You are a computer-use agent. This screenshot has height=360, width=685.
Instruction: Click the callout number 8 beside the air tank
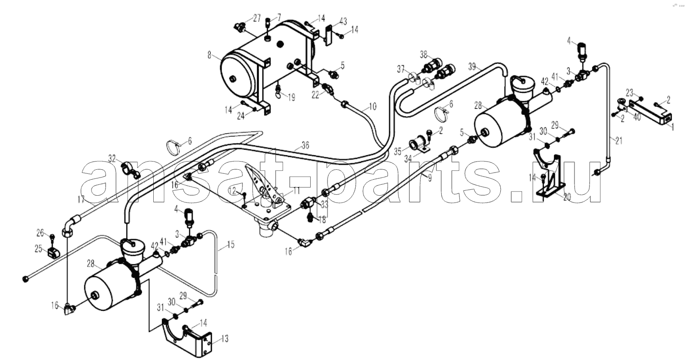pyautogui.click(x=209, y=55)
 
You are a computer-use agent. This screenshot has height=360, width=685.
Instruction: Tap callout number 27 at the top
pyautogui.click(x=257, y=18)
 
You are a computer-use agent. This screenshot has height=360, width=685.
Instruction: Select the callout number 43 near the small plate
pyautogui.click(x=343, y=22)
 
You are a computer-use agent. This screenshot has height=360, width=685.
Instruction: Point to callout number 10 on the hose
pyautogui.click(x=373, y=106)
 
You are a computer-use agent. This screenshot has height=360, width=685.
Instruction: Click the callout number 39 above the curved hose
pyautogui.click(x=473, y=66)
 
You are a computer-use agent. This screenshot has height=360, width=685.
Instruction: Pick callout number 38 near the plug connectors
pyautogui.click(x=423, y=55)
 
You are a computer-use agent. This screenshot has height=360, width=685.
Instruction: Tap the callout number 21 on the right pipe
pyautogui.click(x=619, y=141)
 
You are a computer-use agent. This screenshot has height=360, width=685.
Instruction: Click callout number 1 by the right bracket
pyautogui.click(x=672, y=127)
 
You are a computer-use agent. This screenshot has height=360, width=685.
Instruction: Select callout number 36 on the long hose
pyautogui.click(x=305, y=145)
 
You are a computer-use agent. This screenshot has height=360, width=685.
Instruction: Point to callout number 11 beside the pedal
pyautogui.click(x=297, y=191)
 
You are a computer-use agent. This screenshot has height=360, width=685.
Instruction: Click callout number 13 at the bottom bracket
pyautogui.click(x=225, y=339)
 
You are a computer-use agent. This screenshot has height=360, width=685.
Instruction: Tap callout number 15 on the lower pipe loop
pyautogui.click(x=231, y=245)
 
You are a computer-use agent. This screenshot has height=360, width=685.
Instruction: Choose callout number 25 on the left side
pyautogui.click(x=38, y=248)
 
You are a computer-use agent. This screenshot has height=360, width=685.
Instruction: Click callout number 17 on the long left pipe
pyautogui.click(x=81, y=200)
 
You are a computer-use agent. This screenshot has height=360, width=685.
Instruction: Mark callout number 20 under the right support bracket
pyautogui.click(x=567, y=197)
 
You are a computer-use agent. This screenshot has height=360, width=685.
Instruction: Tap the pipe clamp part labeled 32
pyautogui.click(x=131, y=171)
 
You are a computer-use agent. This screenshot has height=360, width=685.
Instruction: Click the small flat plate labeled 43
pyautogui.click(x=328, y=35)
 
